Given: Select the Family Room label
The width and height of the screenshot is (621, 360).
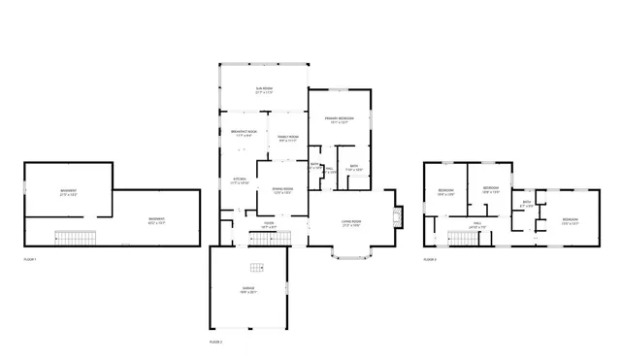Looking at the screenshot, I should pyautogui.click(x=288, y=139).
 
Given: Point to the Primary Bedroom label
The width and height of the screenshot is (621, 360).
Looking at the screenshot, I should pyautogui.click(x=338, y=121).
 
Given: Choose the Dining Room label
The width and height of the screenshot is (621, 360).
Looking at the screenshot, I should pyautogui.click(x=281, y=191).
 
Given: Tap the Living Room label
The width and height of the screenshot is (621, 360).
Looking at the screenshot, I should pyautogui.click(x=350, y=223).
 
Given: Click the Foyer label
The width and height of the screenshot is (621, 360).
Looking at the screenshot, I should pyautogui.click(x=269, y=224).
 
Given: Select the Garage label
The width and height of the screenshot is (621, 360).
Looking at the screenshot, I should pyautogui.click(x=248, y=290).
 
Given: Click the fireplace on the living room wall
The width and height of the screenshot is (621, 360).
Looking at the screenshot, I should pyautogui.click(x=395, y=215).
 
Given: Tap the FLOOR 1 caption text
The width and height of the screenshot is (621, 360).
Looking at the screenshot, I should pyautogui.click(x=29, y=259).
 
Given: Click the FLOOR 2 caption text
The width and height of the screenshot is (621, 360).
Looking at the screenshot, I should pyautogui.click(x=215, y=343).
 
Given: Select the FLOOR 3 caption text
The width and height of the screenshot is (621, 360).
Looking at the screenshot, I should pyautogui.click(x=429, y=259).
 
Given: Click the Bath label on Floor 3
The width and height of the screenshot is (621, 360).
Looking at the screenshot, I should pyautogui.click(x=525, y=204).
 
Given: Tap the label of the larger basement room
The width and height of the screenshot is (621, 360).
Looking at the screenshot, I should pyautogui.click(x=155, y=220).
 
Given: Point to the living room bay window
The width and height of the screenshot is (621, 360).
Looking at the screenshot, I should pyautogui.click(x=350, y=254).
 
